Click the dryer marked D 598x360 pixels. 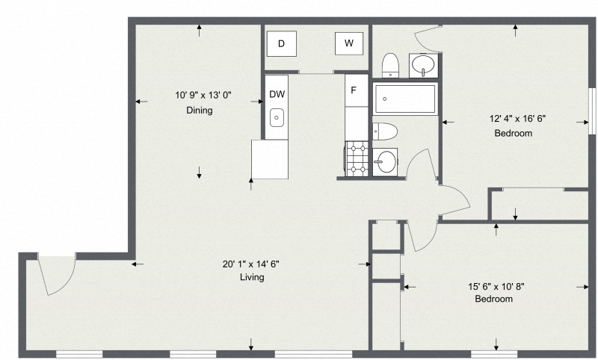click(x=281, y=44)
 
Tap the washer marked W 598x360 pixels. click(x=349, y=44)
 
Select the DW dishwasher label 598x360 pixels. click(x=277, y=94)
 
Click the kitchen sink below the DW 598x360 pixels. click(x=277, y=117)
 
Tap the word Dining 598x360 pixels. click(x=200, y=111)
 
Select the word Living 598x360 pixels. click(x=252, y=277)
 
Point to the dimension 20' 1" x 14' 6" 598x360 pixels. click(x=251, y=263)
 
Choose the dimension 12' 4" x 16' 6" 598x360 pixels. click(x=513, y=118)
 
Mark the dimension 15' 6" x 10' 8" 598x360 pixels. click(x=494, y=285)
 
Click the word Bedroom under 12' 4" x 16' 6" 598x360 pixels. click(x=514, y=134)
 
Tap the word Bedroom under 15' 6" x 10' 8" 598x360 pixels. click(x=494, y=299)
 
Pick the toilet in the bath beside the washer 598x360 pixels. click(x=389, y=65)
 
